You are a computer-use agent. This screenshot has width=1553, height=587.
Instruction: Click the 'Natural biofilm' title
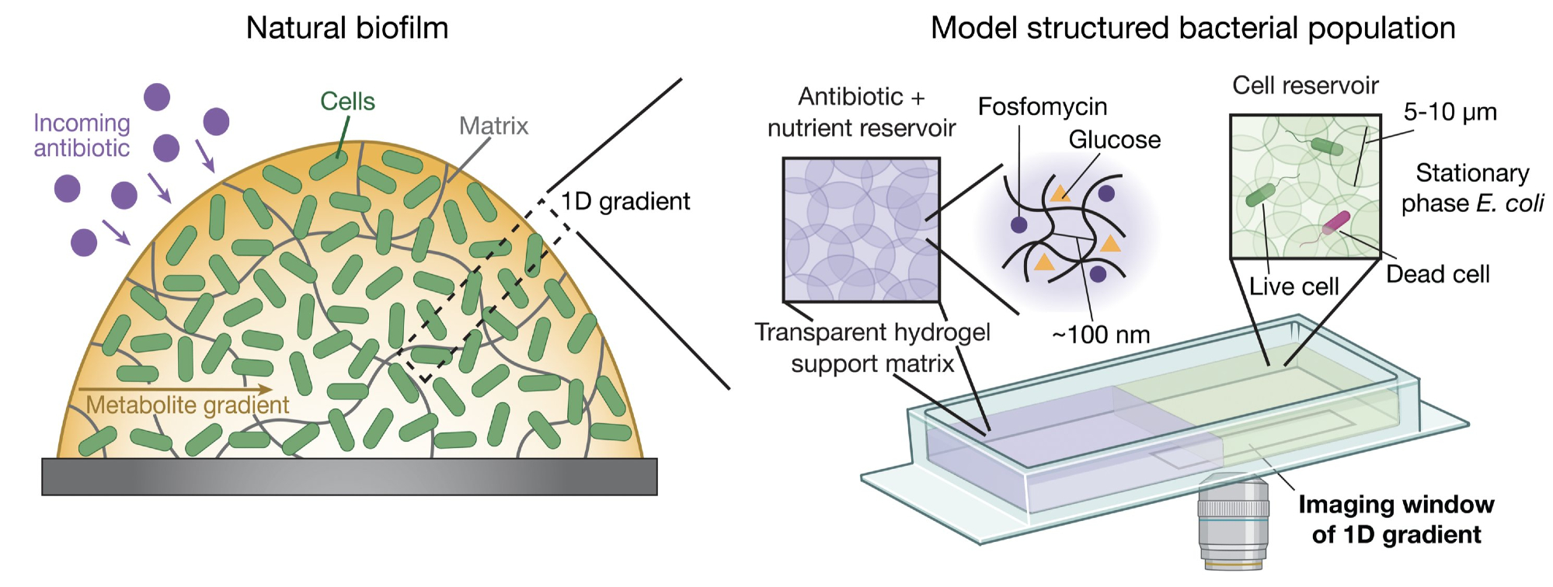[346, 29]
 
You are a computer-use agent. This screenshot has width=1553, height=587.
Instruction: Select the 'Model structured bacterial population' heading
[1193, 29]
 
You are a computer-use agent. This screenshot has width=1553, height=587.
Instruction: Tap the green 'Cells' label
[347, 102]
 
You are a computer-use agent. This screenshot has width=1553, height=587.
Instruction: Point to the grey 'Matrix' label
[493, 126]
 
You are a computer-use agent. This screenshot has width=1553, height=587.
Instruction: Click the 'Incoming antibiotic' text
[82, 135]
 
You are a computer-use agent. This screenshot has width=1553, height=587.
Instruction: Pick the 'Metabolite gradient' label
[187, 405]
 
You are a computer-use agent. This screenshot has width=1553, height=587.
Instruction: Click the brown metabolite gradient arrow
[176, 389]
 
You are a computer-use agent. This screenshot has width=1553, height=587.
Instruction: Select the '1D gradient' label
[625, 202]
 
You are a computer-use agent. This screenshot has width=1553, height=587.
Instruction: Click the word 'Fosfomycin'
[1042, 106]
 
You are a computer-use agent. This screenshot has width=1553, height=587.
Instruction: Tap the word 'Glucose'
[1114, 140]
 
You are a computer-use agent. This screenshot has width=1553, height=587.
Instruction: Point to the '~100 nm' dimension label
[1100, 335]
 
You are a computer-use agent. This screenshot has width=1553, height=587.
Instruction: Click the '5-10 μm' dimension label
[1450, 113]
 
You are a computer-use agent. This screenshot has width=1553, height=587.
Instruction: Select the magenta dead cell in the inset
[1336, 223]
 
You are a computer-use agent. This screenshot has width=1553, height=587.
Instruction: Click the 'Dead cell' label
[1437, 275]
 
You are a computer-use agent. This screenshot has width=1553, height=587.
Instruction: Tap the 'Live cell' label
[1294, 287]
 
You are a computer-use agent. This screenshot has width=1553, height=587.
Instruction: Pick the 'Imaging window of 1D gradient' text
[1396, 519]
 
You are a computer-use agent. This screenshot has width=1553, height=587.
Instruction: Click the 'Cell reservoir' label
[1305, 85]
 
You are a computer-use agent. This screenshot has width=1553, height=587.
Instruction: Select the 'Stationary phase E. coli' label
[1472, 188]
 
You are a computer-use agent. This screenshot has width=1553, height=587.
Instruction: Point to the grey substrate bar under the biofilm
[350, 476]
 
